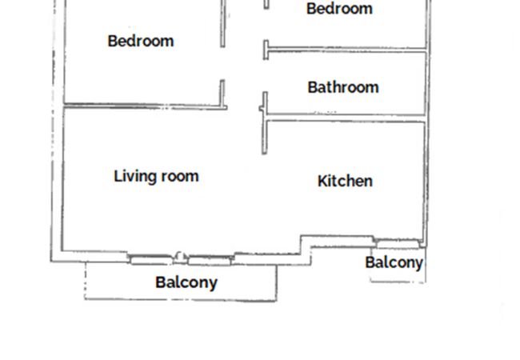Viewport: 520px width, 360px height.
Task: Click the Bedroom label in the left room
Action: point(141,41)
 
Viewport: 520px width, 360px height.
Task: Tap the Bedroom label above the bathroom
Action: point(339,9)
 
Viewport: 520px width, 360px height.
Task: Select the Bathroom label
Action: point(343,87)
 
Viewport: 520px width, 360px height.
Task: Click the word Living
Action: point(134,177)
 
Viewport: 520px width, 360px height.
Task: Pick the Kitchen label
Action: point(345,181)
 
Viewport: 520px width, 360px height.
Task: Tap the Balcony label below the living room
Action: point(186,282)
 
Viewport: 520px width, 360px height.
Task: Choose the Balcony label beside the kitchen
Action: point(394,263)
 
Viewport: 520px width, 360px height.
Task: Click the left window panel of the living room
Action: point(151,259)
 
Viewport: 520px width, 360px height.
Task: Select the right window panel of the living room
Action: point(210,261)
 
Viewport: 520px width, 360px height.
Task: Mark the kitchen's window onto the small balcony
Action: point(398,244)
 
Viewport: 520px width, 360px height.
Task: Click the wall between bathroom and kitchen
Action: point(346,118)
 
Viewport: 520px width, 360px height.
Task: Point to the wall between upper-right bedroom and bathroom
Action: point(347,50)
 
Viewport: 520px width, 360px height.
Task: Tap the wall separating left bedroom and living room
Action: point(146,106)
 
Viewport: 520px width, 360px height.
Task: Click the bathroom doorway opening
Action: point(266,76)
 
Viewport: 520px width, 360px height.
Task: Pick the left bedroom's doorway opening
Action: point(222,64)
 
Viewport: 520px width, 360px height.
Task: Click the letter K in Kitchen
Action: point(322,181)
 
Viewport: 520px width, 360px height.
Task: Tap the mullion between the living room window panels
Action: point(180,258)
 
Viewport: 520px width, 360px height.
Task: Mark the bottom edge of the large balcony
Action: point(181,300)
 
